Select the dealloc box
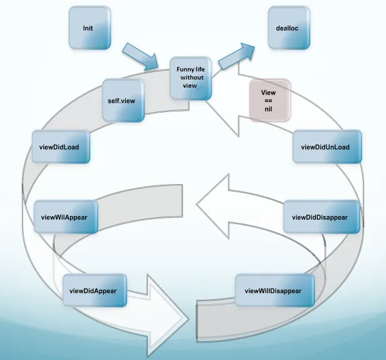[x=288, y=28]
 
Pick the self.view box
[x=123, y=99]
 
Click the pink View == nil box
[x=269, y=100]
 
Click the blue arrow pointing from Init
[x=142, y=57]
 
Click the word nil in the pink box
[x=268, y=109]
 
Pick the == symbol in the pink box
[x=268, y=100]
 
